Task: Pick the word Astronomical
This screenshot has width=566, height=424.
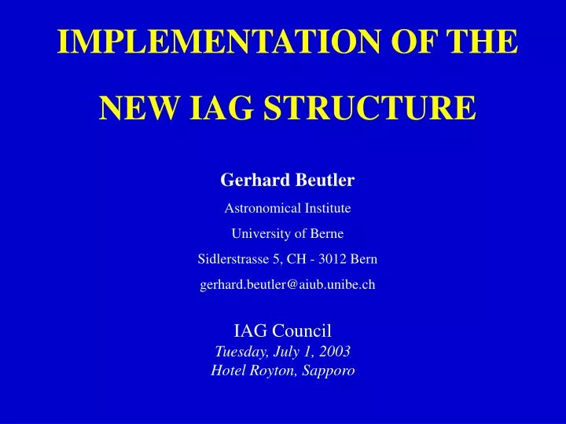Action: coord(257,209)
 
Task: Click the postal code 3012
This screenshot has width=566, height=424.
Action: coord(336,259)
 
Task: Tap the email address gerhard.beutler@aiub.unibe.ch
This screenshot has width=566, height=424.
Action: coord(288,285)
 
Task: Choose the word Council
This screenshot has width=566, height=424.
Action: coord(311,331)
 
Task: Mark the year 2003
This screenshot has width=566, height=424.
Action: coord(334,351)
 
